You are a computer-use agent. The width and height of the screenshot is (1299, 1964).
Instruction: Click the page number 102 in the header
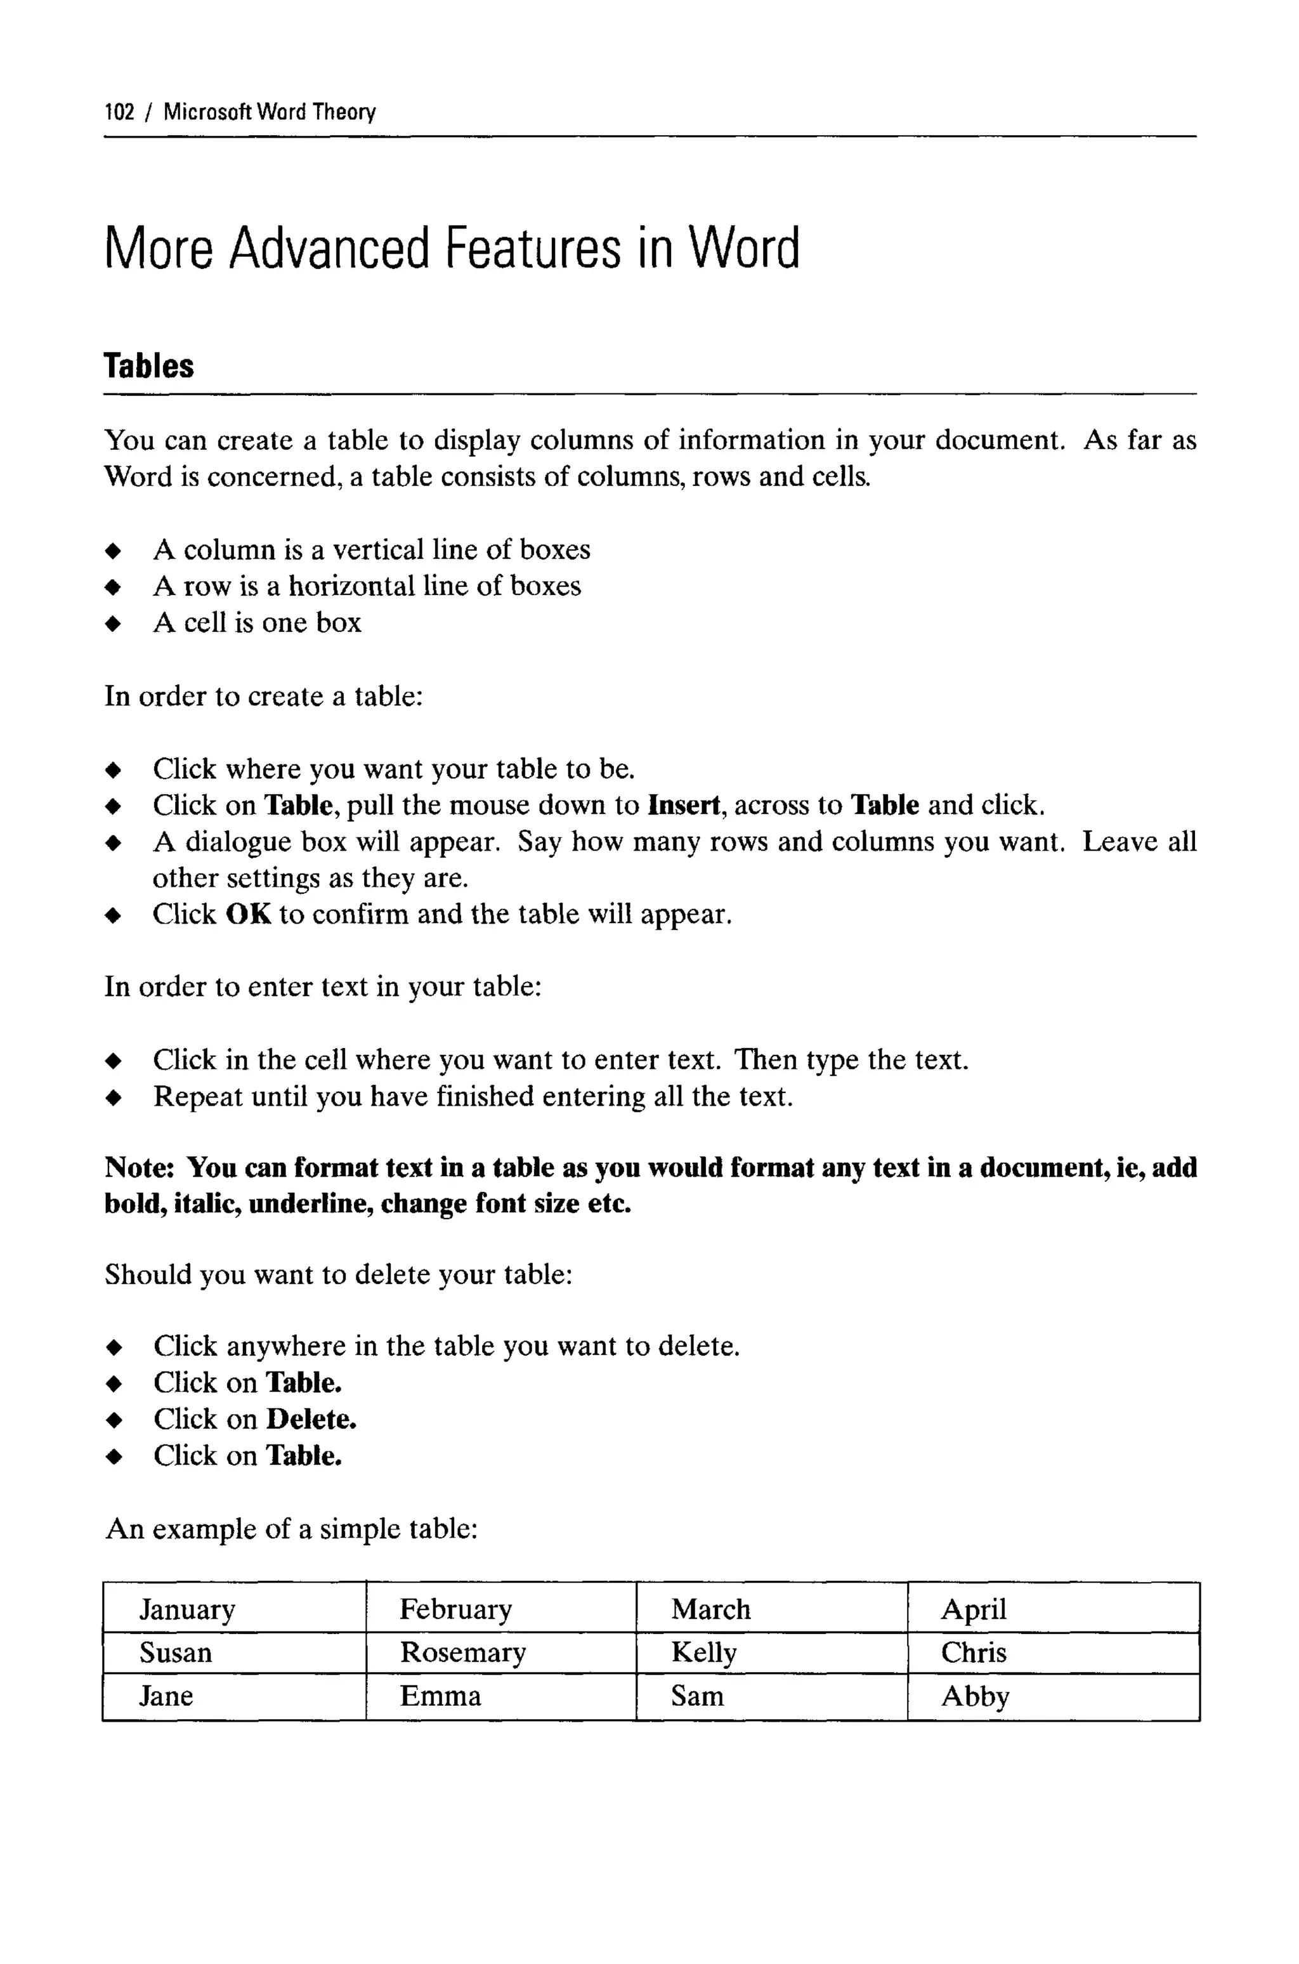119,112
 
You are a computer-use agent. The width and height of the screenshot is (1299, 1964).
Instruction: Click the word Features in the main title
533,249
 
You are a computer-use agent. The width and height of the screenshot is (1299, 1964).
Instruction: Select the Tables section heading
148,366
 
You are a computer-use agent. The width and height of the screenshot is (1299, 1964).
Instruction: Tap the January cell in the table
187,1609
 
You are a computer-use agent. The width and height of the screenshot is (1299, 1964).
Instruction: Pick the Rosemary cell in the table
462,1653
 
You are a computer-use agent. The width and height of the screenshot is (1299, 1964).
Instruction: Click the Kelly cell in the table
703,1653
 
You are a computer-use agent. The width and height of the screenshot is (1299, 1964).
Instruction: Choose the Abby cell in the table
975,1696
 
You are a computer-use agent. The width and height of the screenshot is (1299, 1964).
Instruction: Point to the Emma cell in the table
440,1696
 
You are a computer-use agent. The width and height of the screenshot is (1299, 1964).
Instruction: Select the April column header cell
974,1609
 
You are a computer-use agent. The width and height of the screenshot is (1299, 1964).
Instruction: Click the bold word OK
248,915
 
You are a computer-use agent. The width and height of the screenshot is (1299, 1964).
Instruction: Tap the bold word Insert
684,805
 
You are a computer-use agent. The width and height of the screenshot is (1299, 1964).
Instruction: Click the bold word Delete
311,1419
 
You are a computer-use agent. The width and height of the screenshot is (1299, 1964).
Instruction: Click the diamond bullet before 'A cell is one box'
114,624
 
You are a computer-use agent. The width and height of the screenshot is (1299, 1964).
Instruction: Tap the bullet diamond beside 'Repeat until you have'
114,1098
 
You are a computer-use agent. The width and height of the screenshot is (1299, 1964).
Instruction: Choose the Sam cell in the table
696,1696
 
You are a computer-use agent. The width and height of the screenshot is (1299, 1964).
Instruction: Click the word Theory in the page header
344,112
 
